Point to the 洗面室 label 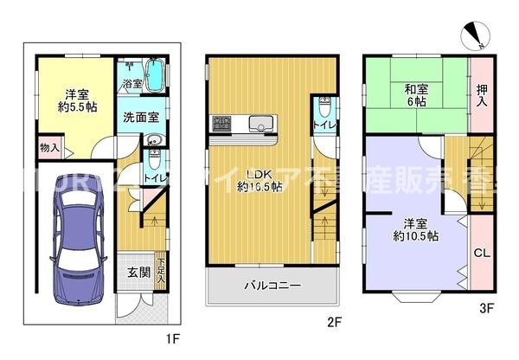(138, 118)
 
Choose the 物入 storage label (49, 149)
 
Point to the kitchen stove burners (219, 123)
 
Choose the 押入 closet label (481, 93)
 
